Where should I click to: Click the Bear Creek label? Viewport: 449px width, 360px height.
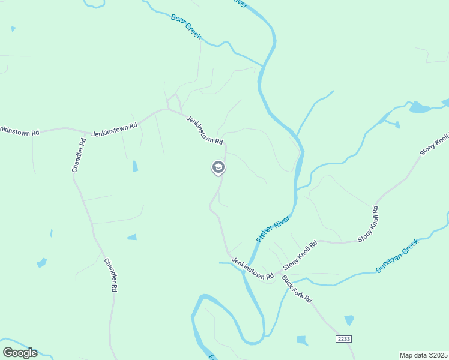coord(186,27)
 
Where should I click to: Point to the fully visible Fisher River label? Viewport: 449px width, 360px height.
coord(273,229)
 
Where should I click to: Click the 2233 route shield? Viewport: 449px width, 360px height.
coord(343,339)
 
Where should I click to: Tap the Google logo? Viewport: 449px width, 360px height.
coord(20,353)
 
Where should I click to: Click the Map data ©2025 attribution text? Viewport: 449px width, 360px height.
coord(424,355)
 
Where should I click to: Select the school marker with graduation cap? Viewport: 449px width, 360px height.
coord(218,167)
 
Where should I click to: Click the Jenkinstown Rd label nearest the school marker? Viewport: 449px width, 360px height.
coord(204,130)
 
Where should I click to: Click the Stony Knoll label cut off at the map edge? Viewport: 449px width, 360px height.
coord(435,144)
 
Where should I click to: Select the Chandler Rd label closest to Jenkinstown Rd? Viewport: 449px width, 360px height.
coord(79,155)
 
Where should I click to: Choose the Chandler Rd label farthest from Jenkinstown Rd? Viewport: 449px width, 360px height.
coord(110,275)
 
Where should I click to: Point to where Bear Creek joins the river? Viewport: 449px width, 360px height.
coord(263,65)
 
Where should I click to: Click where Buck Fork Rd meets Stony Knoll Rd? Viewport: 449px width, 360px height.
coord(280,274)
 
